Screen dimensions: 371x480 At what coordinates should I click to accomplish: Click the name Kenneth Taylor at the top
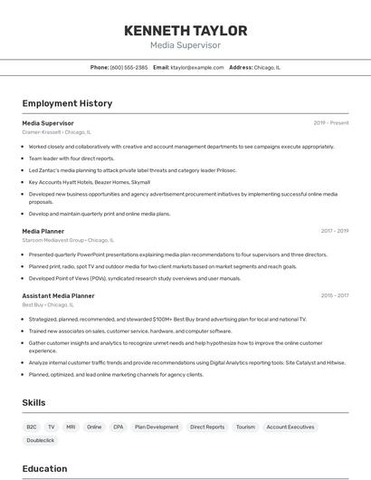[x=185, y=30]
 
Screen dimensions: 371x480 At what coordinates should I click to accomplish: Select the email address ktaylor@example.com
[x=196, y=67]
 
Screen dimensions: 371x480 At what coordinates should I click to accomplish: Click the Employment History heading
[x=67, y=103]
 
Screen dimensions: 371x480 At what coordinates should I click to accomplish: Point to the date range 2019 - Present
[x=331, y=122]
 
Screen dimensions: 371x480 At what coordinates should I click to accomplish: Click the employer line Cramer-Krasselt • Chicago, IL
[x=57, y=132]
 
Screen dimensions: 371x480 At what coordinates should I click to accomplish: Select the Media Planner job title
[x=43, y=231]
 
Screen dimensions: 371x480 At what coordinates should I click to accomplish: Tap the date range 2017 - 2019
[x=335, y=231]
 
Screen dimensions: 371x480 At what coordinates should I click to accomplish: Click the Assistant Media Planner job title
[x=58, y=295]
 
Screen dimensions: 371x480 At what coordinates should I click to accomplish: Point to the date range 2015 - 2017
[x=335, y=295]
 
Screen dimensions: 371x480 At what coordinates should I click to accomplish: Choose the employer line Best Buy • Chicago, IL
[x=48, y=305]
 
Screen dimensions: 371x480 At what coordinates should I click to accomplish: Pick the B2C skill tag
[x=32, y=427]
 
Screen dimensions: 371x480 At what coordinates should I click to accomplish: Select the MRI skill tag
[x=71, y=427]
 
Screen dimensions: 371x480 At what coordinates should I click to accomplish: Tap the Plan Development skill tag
[x=157, y=427]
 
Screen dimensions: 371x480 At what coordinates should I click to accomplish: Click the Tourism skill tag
[x=245, y=427]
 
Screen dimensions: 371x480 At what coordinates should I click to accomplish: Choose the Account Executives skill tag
[x=290, y=427]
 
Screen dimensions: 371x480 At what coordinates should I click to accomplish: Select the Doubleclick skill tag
[x=41, y=440]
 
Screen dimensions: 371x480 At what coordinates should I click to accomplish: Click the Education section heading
[x=44, y=468]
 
